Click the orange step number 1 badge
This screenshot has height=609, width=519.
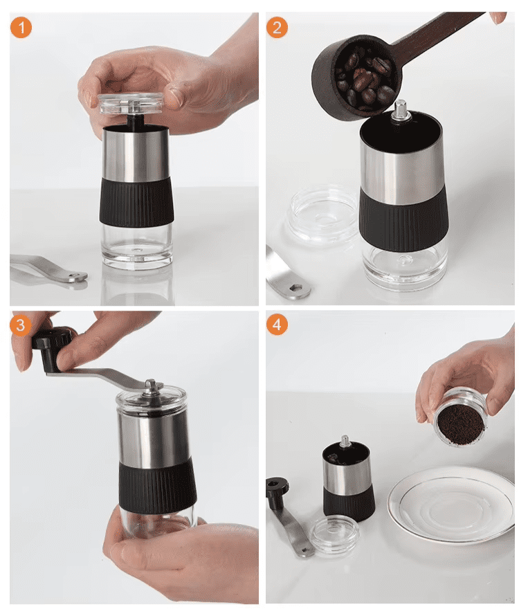coord(21,27)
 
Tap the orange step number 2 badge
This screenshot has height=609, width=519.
coord(277,27)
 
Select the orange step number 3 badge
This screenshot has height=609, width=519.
coord(21,325)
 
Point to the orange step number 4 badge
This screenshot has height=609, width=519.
coord(277,325)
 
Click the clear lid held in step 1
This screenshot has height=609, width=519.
coord(131,104)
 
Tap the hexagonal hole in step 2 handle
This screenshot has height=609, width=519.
coord(296,288)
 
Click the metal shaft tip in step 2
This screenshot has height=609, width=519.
coord(400,109)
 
